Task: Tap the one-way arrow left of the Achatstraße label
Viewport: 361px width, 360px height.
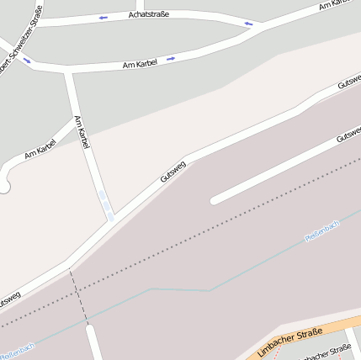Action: [104, 18]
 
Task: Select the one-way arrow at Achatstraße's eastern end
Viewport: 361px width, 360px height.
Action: [248, 24]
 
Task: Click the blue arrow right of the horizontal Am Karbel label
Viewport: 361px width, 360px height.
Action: [171, 59]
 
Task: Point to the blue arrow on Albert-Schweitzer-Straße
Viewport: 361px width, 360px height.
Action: [26, 59]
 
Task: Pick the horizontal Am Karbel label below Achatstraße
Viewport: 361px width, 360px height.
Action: [141, 63]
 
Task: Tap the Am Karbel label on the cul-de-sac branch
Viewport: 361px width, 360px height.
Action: [40, 149]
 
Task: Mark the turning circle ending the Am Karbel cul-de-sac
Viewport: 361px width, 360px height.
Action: [3, 186]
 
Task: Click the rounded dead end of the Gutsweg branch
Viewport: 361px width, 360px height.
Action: [215, 200]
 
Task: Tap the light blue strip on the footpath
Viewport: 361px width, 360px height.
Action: [105, 204]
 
